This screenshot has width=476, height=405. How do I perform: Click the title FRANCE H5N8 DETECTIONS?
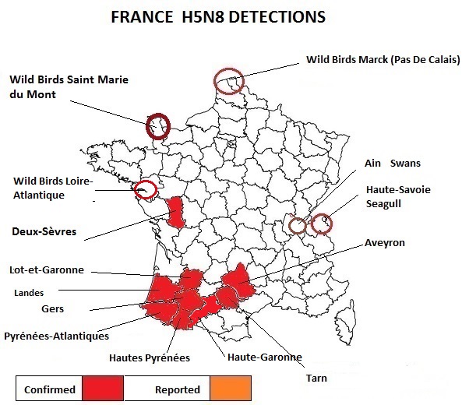[x=217, y=16]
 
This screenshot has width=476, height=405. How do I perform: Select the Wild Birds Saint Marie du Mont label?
[x=69, y=87]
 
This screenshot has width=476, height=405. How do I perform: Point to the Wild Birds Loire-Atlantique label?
[x=52, y=188]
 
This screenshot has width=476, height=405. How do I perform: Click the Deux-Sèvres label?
[x=41, y=231]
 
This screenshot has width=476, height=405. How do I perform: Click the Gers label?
[x=52, y=309]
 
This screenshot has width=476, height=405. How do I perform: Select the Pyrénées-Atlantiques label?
[x=56, y=336]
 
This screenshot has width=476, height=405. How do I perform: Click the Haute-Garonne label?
[x=264, y=357]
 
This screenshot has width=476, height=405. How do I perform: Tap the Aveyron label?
[x=385, y=243]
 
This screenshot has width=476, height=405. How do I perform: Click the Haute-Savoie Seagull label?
[x=397, y=196]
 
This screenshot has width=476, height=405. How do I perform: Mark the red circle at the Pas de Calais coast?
[x=229, y=81]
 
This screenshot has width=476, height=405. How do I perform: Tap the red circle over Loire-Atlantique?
[x=145, y=189]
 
